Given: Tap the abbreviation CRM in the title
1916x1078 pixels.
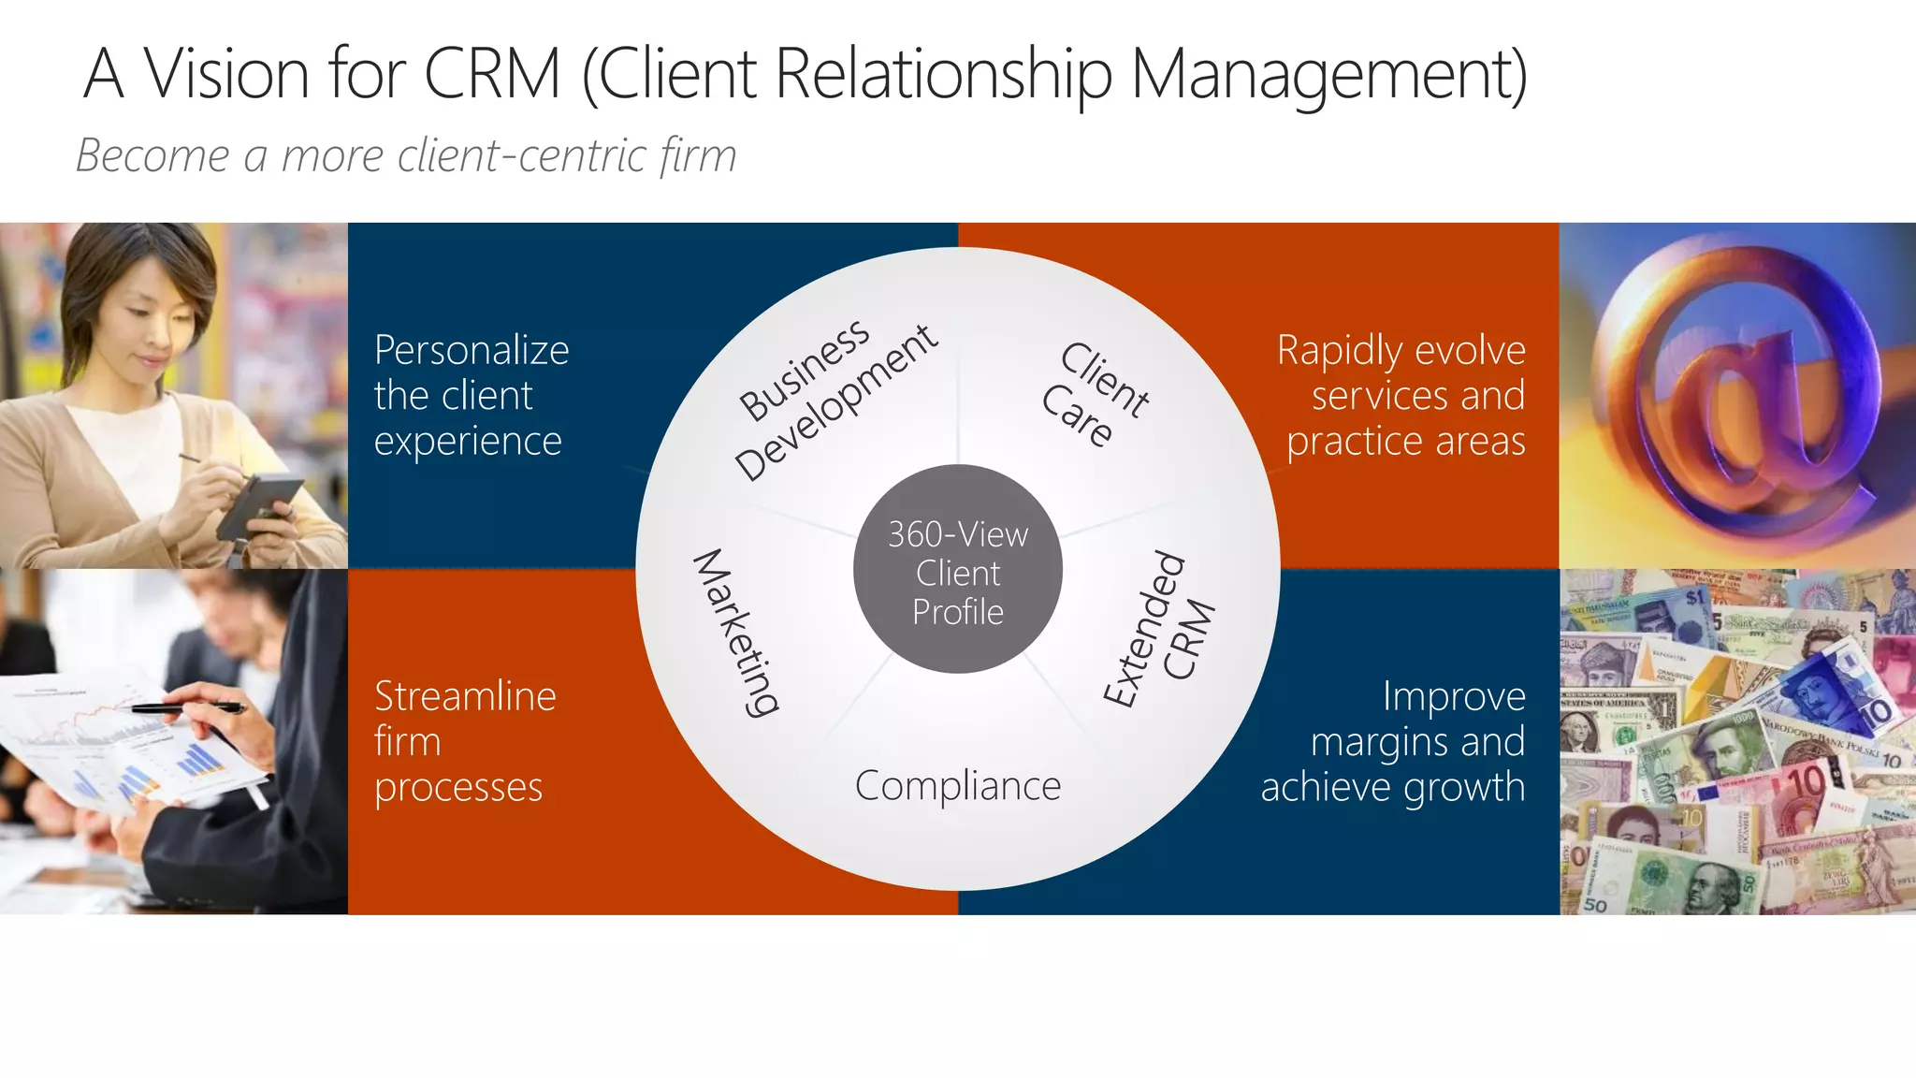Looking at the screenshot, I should (492, 74).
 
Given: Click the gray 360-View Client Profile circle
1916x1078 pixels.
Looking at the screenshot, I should (957, 570).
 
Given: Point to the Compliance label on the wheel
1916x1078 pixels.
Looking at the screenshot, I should (957, 786).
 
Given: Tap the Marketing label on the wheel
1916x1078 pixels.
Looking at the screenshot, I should (736, 633).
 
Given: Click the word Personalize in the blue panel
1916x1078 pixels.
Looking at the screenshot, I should (472, 351).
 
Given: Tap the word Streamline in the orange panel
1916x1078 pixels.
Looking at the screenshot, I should (465, 697).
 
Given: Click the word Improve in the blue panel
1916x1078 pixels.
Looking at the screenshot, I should (1454, 697).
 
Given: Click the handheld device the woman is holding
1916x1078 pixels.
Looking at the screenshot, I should (260, 505).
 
